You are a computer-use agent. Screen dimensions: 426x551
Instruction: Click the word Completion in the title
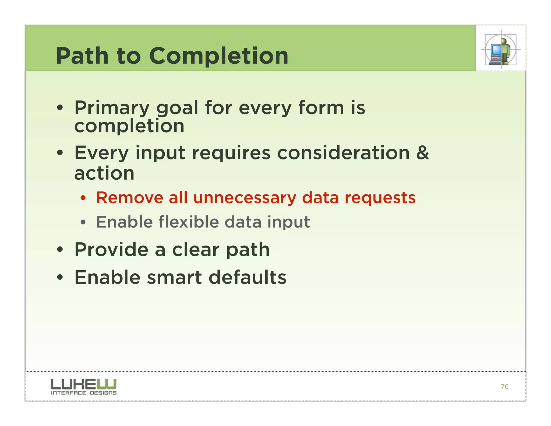(218, 56)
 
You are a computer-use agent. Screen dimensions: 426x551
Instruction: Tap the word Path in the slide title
(82, 56)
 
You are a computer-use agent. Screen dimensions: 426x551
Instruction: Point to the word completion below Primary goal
(129, 126)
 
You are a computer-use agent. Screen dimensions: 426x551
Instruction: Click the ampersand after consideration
(422, 153)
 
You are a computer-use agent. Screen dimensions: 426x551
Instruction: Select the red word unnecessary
(245, 198)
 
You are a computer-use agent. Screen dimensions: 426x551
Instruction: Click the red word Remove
(130, 198)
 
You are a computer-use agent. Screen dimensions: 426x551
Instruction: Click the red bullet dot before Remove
(83, 198)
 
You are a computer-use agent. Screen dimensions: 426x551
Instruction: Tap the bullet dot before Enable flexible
(83, 223)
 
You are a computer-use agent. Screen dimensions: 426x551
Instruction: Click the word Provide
(111, 250)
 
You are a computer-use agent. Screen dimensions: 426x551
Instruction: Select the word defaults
(248, 277)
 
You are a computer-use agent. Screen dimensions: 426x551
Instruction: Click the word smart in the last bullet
(174, 278)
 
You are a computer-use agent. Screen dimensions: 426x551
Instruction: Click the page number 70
(504, 387)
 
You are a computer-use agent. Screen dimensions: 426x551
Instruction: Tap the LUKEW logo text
(84, 384)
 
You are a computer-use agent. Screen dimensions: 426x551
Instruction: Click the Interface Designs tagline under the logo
(84, 393)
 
